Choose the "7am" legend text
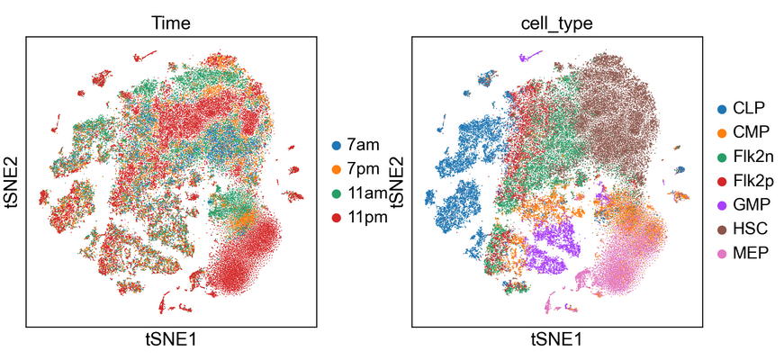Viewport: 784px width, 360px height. (x=363, y=145)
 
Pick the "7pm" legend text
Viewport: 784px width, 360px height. (x=363, y=169)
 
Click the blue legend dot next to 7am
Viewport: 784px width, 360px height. (x=337, y=145)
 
